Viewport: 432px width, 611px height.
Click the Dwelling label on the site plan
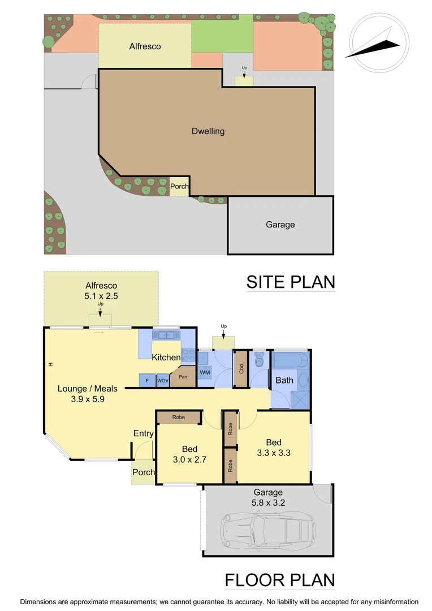208,131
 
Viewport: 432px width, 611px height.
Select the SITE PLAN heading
291,282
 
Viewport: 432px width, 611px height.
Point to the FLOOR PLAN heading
280,580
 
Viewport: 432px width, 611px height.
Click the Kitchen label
166,358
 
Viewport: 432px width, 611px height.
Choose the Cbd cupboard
241,369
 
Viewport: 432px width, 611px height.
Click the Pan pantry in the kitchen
183,376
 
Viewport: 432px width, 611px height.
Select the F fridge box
147,380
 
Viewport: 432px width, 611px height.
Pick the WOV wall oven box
163,380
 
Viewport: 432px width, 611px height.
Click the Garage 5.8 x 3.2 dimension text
268,497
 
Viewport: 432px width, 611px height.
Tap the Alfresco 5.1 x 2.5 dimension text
101,290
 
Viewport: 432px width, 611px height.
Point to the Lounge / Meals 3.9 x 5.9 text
88,393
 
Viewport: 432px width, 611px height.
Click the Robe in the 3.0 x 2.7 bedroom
179,418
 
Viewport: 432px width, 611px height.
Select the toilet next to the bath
260,360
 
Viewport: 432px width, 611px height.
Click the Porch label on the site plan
179,186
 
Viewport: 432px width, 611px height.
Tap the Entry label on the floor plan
143,433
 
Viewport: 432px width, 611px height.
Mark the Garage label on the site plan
280,225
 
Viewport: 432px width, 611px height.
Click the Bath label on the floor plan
284,380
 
